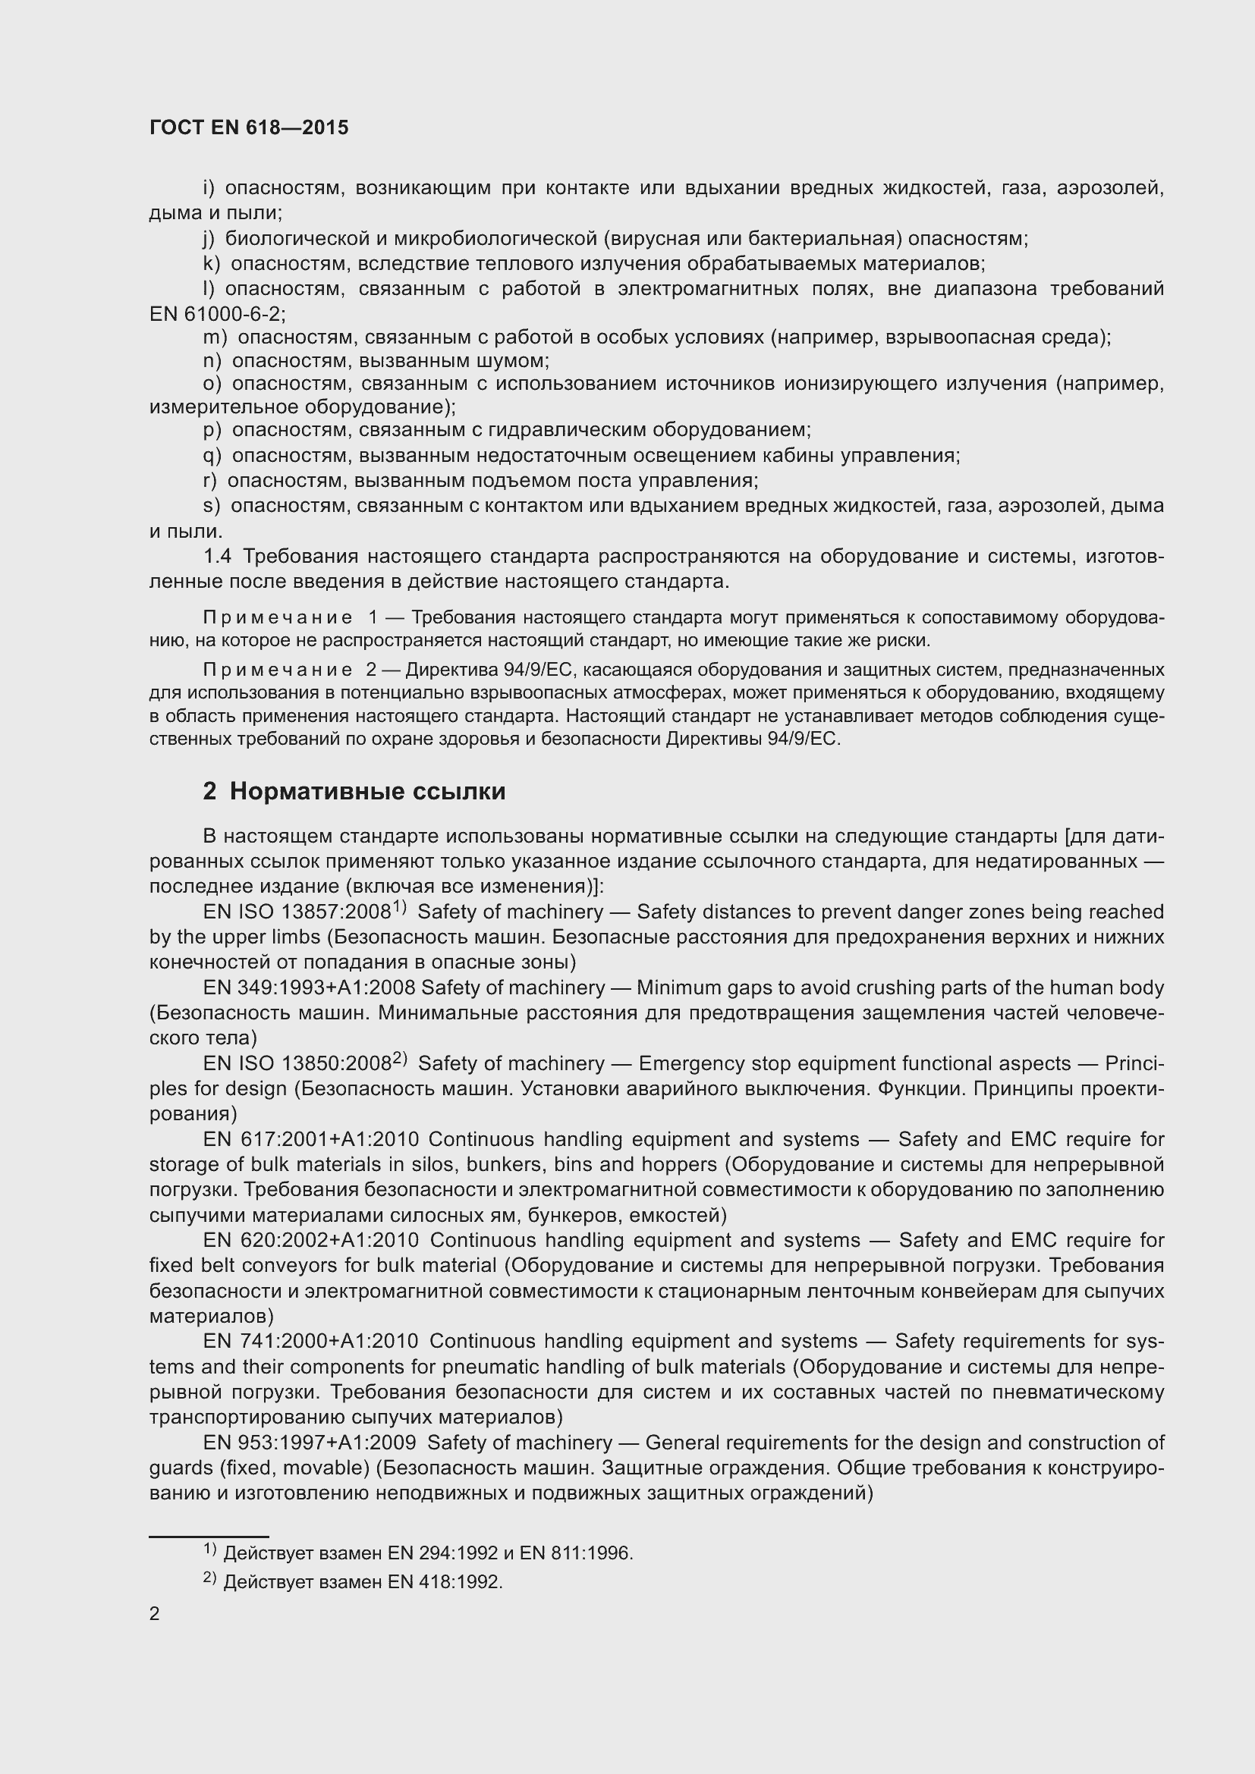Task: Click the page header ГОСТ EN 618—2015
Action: click(x=249, y=127)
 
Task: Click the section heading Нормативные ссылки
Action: click(x=367, y=791)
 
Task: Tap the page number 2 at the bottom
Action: click(x=155, y=1613)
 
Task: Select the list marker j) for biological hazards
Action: click(x=208, y=239)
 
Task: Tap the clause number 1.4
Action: click(x=217, y=556)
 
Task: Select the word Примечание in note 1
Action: click(x=278, y=617)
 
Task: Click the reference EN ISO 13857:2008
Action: click(x=297, y=912)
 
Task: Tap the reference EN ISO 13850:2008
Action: click(x=297, y=1064)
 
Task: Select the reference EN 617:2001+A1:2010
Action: click(x=310, y=1140)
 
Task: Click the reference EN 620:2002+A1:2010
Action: click(x=310, y=1240)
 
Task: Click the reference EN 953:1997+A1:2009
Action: click(x=309, y=1443)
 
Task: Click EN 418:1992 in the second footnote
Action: click(x=445, y=1582)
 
